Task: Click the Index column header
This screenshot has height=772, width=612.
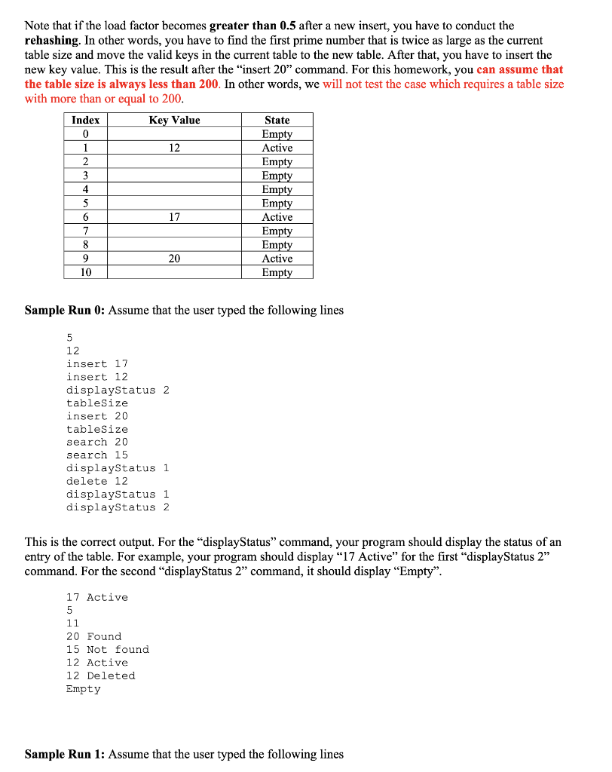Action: coord(85,120)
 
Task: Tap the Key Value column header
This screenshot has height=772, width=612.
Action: coord(174,120)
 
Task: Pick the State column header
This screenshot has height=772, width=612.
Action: coord(277,120)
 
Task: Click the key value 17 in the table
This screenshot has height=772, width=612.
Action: coord(174,217)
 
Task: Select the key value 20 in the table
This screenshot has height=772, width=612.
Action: coord(174,259)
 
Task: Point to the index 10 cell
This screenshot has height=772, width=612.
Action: coord(85,272)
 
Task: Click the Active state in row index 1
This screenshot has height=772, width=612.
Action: coord(277,148)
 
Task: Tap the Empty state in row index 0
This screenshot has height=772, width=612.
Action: coord(277,134)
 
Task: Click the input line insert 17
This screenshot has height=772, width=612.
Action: coord(97,363)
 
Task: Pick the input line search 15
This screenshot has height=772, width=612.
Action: coord(97,455)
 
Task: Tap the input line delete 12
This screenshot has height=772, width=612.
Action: coord(97,481)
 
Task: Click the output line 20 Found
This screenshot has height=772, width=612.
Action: coord(93,636)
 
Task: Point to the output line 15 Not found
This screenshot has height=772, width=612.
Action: coord(108,649)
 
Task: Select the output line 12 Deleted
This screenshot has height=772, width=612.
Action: coord(101,675)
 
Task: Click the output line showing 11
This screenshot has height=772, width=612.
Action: coord(73,623)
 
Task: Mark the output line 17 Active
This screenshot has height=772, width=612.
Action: coord(97,597)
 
